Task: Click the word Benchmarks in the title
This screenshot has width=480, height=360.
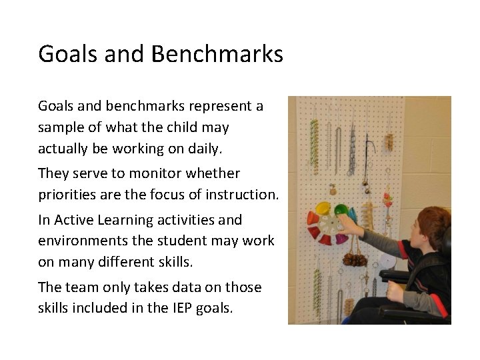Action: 217,53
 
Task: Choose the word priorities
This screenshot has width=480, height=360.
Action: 66,195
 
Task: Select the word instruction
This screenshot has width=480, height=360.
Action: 244,195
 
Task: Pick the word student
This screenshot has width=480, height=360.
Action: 199,241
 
